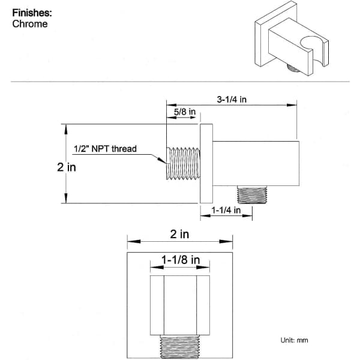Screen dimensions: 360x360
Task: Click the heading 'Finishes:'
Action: point(32,13)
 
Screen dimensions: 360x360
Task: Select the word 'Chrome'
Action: point(30,24)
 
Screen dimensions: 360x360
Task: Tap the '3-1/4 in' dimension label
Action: point(232,100)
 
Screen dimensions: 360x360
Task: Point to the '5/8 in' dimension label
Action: point(185,112)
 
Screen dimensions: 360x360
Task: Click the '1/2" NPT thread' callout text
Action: point(105,149)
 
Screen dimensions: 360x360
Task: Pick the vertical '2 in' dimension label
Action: point(67,167)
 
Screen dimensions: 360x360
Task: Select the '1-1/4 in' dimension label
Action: point(226,210)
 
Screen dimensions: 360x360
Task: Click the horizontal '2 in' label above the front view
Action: point(179,234)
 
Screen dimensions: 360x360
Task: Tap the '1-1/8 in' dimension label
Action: point(181,260)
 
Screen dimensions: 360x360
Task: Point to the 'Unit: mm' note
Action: point(294,340)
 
